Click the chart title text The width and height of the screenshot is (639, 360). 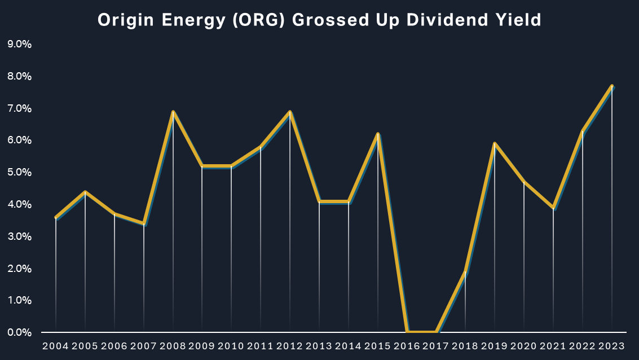(319, 20)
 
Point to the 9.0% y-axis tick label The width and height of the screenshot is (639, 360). (19, 44)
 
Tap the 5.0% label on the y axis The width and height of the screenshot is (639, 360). (19, 172)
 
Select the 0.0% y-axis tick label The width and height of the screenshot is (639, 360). (19, 332)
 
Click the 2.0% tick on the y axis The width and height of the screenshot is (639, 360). (19, 269)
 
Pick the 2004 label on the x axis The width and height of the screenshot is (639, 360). (55, 346)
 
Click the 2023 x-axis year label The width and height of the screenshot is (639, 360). (612, 346)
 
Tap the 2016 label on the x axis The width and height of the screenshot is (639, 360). (407, 346)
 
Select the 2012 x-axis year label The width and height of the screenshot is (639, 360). (290, 346)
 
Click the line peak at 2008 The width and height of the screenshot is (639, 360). (173, 112)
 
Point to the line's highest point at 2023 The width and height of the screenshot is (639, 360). (612, 86)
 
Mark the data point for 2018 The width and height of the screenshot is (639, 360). (466, 272)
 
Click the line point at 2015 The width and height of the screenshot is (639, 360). (378, 134)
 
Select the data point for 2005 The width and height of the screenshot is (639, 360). (85, 192)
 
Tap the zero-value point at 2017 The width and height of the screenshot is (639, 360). (436, 332)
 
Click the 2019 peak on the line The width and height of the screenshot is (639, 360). (495, 143)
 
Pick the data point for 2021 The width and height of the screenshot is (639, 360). (553, 208)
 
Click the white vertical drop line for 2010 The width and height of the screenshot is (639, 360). (231, 248)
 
